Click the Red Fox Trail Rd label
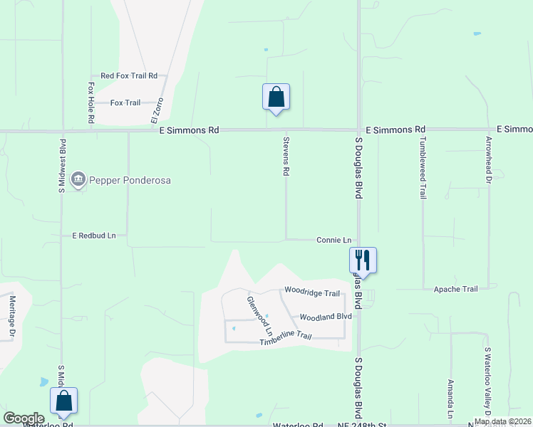click(x=128, y=75)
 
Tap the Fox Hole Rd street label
click(x=91, y=102)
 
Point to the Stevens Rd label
click(x=286, y=157)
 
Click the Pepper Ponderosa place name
click(x=130, y=180)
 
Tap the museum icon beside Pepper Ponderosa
click(x=79, y=179)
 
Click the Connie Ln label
click(x=334, y=241)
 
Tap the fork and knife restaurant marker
click(x=363, y=260)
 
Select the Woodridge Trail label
click(x=312, y=292)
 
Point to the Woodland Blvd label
click(x=326, y=317)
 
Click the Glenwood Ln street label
click(x=260, y=316)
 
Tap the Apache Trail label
click(x=455, y=289)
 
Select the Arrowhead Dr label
click(x=489, y=160)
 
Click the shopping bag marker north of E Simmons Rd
click(x=276, y=97)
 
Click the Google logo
click(x=24, y=418)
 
